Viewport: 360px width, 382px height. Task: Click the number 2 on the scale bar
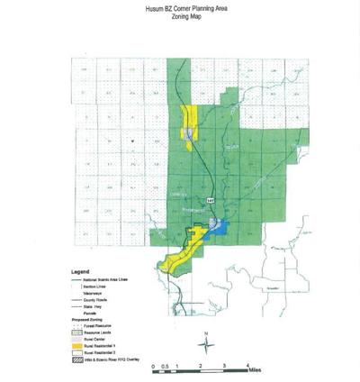click(x=201, y=368)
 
